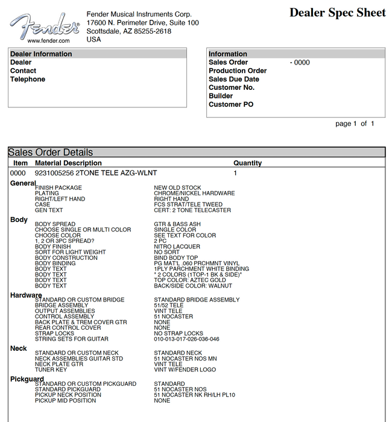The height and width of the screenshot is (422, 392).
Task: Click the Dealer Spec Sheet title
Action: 337,12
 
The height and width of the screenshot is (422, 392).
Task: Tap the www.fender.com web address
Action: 48,41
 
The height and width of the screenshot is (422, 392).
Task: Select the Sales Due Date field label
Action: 234,79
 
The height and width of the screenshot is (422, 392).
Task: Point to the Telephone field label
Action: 28,79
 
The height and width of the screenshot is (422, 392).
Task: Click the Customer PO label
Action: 231,104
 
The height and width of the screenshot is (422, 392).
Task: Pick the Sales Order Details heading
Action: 51,153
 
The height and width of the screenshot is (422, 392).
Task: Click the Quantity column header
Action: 247,163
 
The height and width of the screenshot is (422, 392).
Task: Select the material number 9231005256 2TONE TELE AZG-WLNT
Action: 96,173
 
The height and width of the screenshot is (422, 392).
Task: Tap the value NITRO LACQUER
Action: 177,247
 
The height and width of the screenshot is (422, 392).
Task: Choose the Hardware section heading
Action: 26,295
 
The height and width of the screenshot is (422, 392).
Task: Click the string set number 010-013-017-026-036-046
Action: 187,339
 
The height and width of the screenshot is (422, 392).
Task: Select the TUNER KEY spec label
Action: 51,370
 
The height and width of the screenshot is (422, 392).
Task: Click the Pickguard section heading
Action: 27,379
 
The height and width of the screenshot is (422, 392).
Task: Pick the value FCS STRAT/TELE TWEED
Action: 188,204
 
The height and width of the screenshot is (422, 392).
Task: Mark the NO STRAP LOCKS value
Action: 179,333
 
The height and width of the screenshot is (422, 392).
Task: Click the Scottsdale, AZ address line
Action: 129,31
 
